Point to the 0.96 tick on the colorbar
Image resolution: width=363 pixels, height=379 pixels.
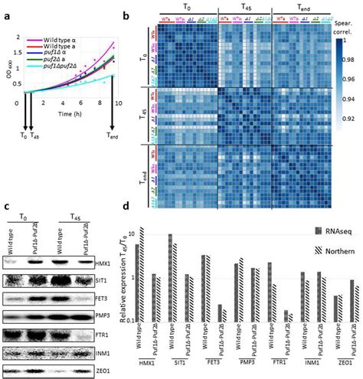[x=353, y=98]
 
